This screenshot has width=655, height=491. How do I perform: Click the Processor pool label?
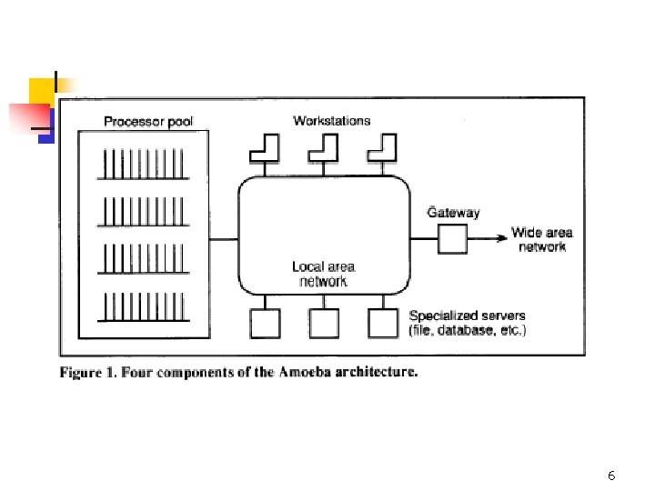click(x=148, y=122)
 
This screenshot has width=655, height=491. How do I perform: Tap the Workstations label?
click(x=332, y=120)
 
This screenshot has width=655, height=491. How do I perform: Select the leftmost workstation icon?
click(x=264, y=147)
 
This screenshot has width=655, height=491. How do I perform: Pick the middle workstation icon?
click(x=324, y=147)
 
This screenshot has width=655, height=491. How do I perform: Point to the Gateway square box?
click(x=452, y=239)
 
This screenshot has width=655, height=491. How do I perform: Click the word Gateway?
click(x=454, y=213)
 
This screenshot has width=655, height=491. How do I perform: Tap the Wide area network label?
click(x=542, y=239)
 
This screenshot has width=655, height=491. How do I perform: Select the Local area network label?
click(x=323, y=274)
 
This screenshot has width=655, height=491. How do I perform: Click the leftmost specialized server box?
click(x=265, y=323)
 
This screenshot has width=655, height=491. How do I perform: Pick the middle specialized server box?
click(x=324, y=323)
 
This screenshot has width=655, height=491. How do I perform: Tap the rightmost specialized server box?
click(x=383, y=323)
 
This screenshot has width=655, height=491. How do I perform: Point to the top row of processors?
click(x=144, y=167)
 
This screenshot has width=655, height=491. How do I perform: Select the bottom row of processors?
click(x=144, y=307)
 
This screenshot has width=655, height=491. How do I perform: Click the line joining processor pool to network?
click(x=224, y=239)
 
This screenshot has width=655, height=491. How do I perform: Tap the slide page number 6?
click(x=611, y=476)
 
